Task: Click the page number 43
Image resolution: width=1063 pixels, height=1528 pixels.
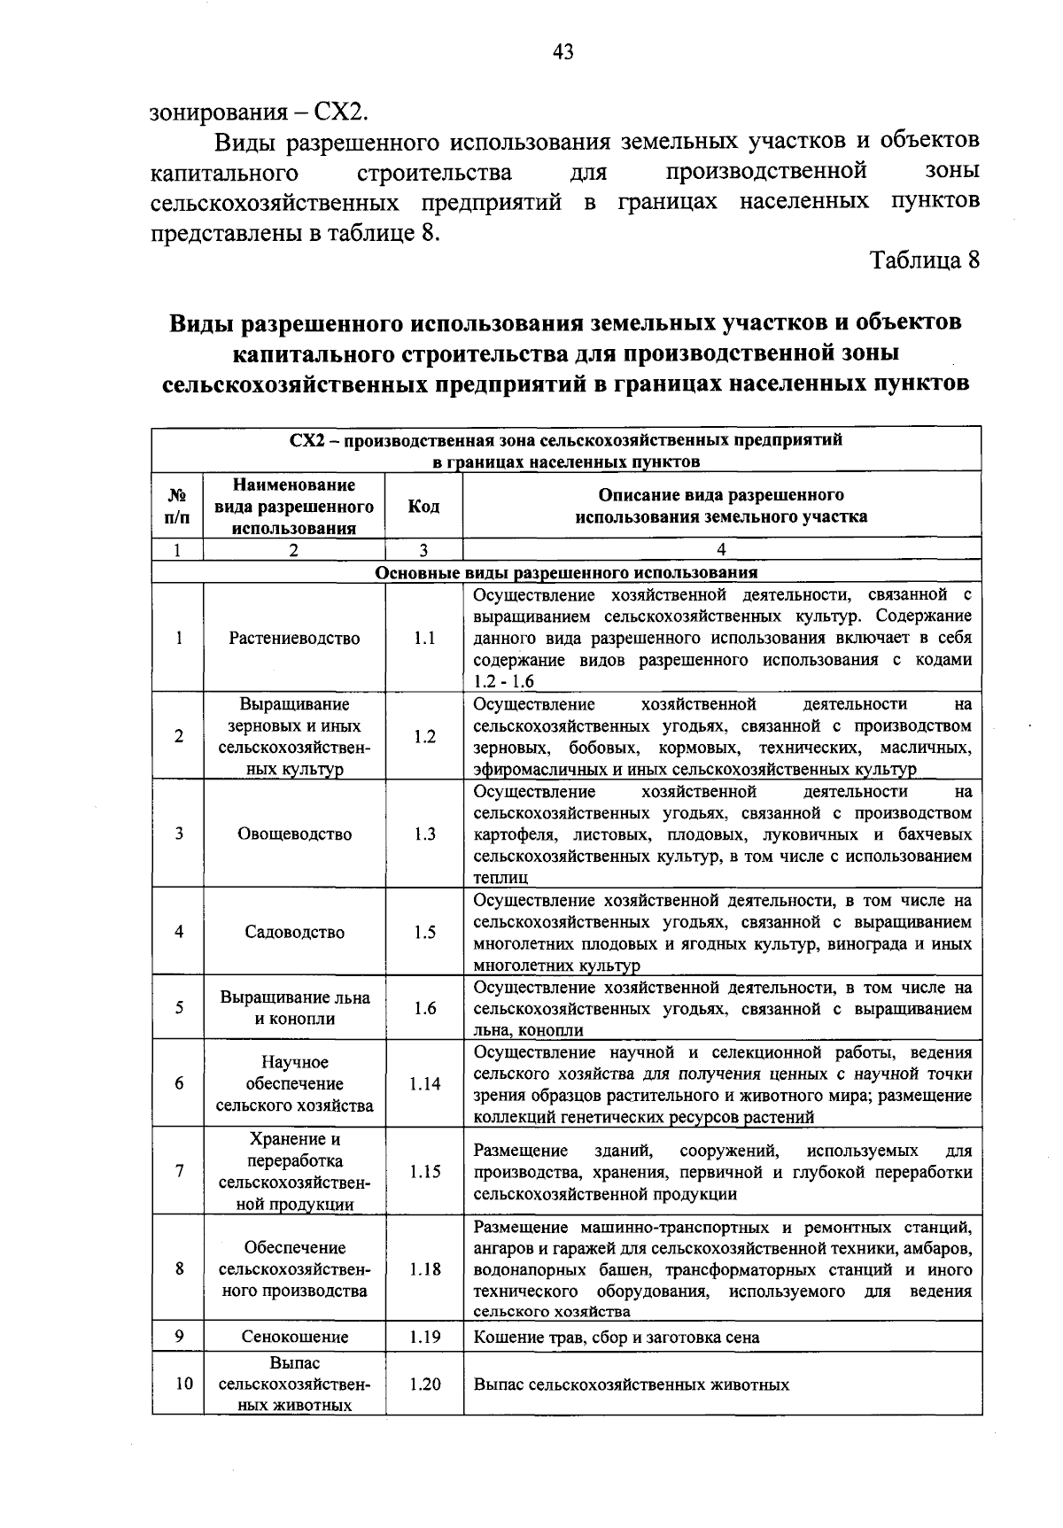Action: (x=563, y=53)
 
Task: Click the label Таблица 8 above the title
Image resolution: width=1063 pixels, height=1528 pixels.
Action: (x=925, y=260)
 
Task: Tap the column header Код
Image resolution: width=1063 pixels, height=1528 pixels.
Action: (x=423, y=506)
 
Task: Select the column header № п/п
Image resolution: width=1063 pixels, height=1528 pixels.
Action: (x=177, y=506)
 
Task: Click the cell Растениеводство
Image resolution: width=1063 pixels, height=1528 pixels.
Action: (x=294, y=639)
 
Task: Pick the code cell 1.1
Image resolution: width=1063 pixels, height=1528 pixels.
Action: (x=424, y=639)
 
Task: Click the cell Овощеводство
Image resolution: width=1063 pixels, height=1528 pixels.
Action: (x=294, y=834)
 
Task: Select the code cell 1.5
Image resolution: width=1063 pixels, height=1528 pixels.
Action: (x=424, y=932)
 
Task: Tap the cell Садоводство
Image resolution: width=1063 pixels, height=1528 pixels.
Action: (x=294, y=932)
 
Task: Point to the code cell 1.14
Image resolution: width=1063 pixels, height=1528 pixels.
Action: (x=424, y=1083)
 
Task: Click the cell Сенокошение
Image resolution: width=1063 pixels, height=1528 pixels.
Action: (x=294, y=1337)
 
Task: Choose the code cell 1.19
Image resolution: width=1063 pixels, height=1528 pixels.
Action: (x=424, y=1337)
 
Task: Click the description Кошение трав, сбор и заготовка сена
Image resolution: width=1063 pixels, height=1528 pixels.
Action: (x=617, y=1338)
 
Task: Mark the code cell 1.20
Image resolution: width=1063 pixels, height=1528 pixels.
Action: (x=424, y=1384)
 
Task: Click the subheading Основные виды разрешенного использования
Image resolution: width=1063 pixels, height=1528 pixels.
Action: (x=566, y=572)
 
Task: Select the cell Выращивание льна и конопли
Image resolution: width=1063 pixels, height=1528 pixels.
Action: (x=294, y=1007)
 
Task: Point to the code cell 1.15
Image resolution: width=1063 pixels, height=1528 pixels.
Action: (x=424, y=1171)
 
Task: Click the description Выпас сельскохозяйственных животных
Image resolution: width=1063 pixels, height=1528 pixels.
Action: (x=632, y=1385)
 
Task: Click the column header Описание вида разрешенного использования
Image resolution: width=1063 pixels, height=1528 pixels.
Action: (x=721, y=506)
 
